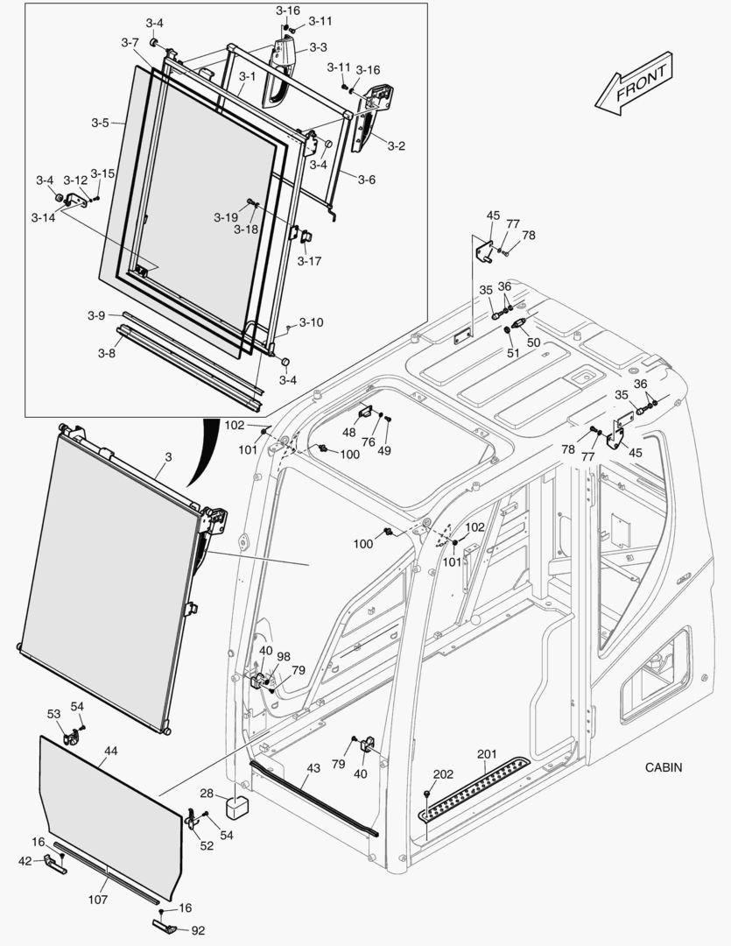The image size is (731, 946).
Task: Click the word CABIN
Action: click(664, 767)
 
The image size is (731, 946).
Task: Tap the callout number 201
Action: click(487, 754)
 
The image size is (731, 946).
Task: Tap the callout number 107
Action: click(98, 900)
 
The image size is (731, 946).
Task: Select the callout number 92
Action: click(198, 930)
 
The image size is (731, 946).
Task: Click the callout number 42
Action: click(25, 861)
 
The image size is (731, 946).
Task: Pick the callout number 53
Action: click(53, 715)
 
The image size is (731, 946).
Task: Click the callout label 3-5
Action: click(101, 123)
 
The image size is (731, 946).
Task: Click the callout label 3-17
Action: click(309, 260)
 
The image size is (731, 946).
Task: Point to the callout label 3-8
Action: click(106, 353)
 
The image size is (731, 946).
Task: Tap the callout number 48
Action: click(349, 433)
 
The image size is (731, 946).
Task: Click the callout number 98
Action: click(284, 656)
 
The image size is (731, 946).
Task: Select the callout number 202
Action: click(444, 773)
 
